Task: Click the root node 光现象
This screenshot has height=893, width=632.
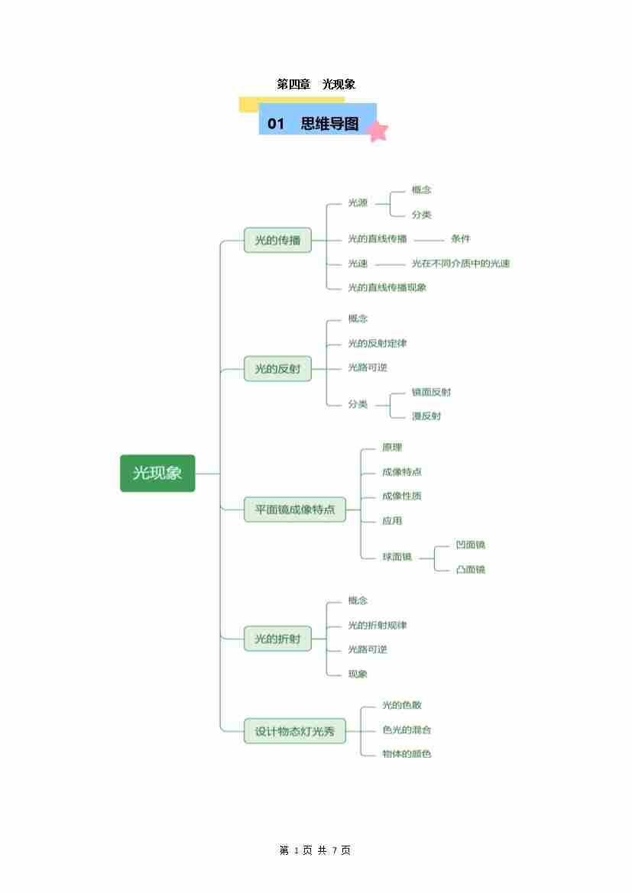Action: pos(157,473)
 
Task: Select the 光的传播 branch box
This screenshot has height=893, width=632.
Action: pos(277,240)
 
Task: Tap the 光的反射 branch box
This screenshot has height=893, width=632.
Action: pos(277,369)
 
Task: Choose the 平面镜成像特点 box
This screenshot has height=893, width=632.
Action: pos(294,509)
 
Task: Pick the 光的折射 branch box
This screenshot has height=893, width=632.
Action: pos(277,639)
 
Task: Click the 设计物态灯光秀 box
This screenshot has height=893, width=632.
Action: pos(294,731)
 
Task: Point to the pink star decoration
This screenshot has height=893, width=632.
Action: pos(377,131)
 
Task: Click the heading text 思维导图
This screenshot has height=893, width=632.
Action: pos(329,124)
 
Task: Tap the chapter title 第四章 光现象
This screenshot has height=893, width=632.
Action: pos(316,84)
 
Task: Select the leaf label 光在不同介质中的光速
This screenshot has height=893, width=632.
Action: pos(460,264)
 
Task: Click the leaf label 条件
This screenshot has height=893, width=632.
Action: pos(460,239)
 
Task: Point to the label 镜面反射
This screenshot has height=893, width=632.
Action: pos(431,392)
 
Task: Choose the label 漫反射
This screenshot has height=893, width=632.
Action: pos(426,416)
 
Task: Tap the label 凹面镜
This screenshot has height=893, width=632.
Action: pos(470,545)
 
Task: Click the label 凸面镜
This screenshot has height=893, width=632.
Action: pos(470,569)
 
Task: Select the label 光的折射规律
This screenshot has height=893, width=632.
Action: pos(377,625)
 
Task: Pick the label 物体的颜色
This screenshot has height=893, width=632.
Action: pos(407,754)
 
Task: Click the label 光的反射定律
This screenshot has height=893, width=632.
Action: pos(377,343)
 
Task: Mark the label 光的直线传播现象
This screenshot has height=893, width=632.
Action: pos(387,287)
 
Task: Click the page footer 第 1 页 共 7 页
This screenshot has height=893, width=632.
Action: pos(315,850)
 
